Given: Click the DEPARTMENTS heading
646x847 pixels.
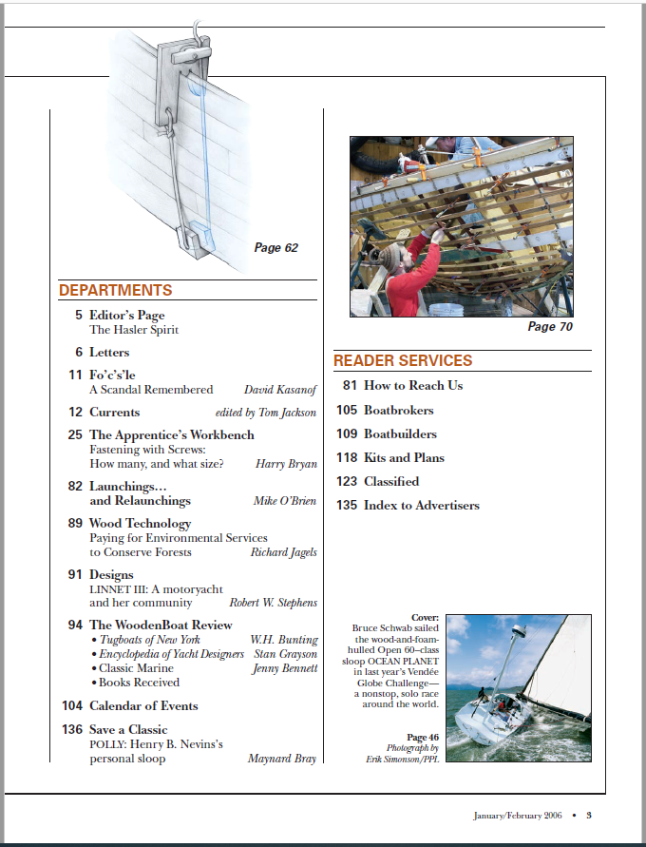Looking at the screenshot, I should (116, 291).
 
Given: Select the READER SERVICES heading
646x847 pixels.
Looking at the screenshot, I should (403, 361).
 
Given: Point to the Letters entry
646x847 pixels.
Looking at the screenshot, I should (109, 353).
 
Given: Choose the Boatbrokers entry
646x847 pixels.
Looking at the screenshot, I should (398, 411).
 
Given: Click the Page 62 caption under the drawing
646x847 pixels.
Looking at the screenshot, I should (275, 248).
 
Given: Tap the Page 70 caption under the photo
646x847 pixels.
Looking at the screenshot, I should (550, 327).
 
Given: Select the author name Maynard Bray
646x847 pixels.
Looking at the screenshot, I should (282, 760).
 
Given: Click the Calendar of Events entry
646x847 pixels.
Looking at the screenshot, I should (143, 706).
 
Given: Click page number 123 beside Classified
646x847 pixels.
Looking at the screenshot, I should (347, 482).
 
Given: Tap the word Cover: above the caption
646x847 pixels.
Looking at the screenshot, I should (426, 617).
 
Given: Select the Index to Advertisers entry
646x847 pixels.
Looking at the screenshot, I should (421, 506).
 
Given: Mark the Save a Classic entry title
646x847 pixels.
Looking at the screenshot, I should (128, 730).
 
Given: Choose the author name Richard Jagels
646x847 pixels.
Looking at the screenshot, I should (283, 552).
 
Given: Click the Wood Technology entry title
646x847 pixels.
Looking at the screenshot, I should (140, 524).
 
